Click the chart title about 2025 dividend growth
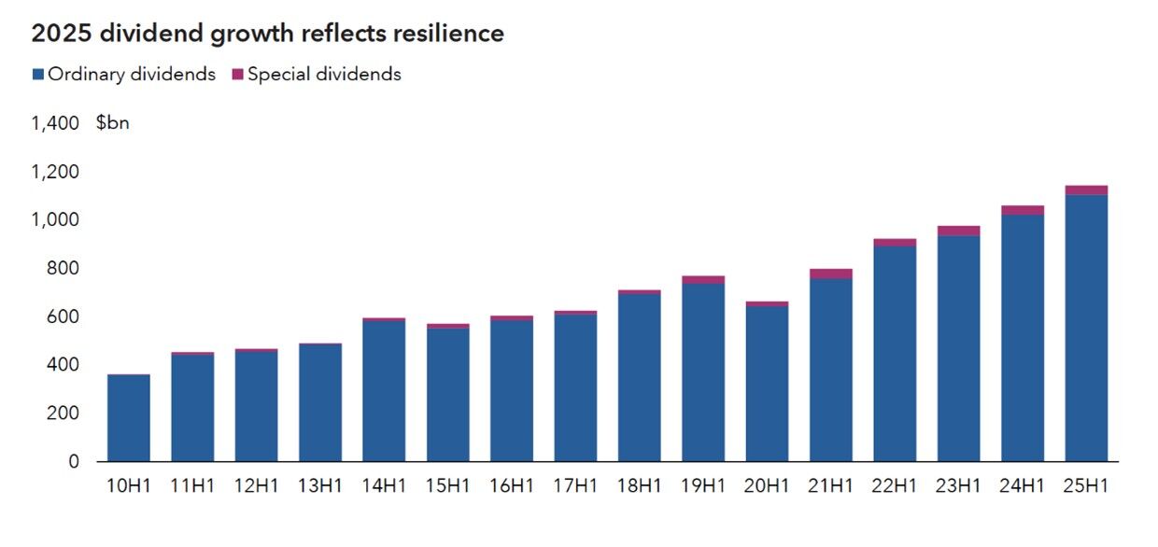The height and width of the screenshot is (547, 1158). tap(267, 35)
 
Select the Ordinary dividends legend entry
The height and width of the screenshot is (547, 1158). tap(123, 75)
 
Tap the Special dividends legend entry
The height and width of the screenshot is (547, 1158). tap(317, 75)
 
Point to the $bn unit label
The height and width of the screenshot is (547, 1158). tap(112, 123)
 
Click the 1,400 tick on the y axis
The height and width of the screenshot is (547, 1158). tap(55, 123)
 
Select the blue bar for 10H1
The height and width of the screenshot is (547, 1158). tap(129, 418)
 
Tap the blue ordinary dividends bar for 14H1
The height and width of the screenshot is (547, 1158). tap(384, 391)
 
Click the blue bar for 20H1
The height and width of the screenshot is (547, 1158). tap(767, 384)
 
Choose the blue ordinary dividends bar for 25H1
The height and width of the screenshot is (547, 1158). tap(1085, 328)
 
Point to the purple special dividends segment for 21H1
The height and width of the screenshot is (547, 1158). tap(830, 273)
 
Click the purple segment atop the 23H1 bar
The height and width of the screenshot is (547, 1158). tap(958, 231)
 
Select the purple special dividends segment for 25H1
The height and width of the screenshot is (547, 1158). tap(1085, 189)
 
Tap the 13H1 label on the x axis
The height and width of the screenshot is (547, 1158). tap(320, 486)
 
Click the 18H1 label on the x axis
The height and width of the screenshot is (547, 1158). tap(639, 486)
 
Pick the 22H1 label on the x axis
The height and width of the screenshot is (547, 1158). tap(894, 486)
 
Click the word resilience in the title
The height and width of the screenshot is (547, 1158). tap(449, 35)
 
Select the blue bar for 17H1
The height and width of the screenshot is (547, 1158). tap(575, 388)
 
